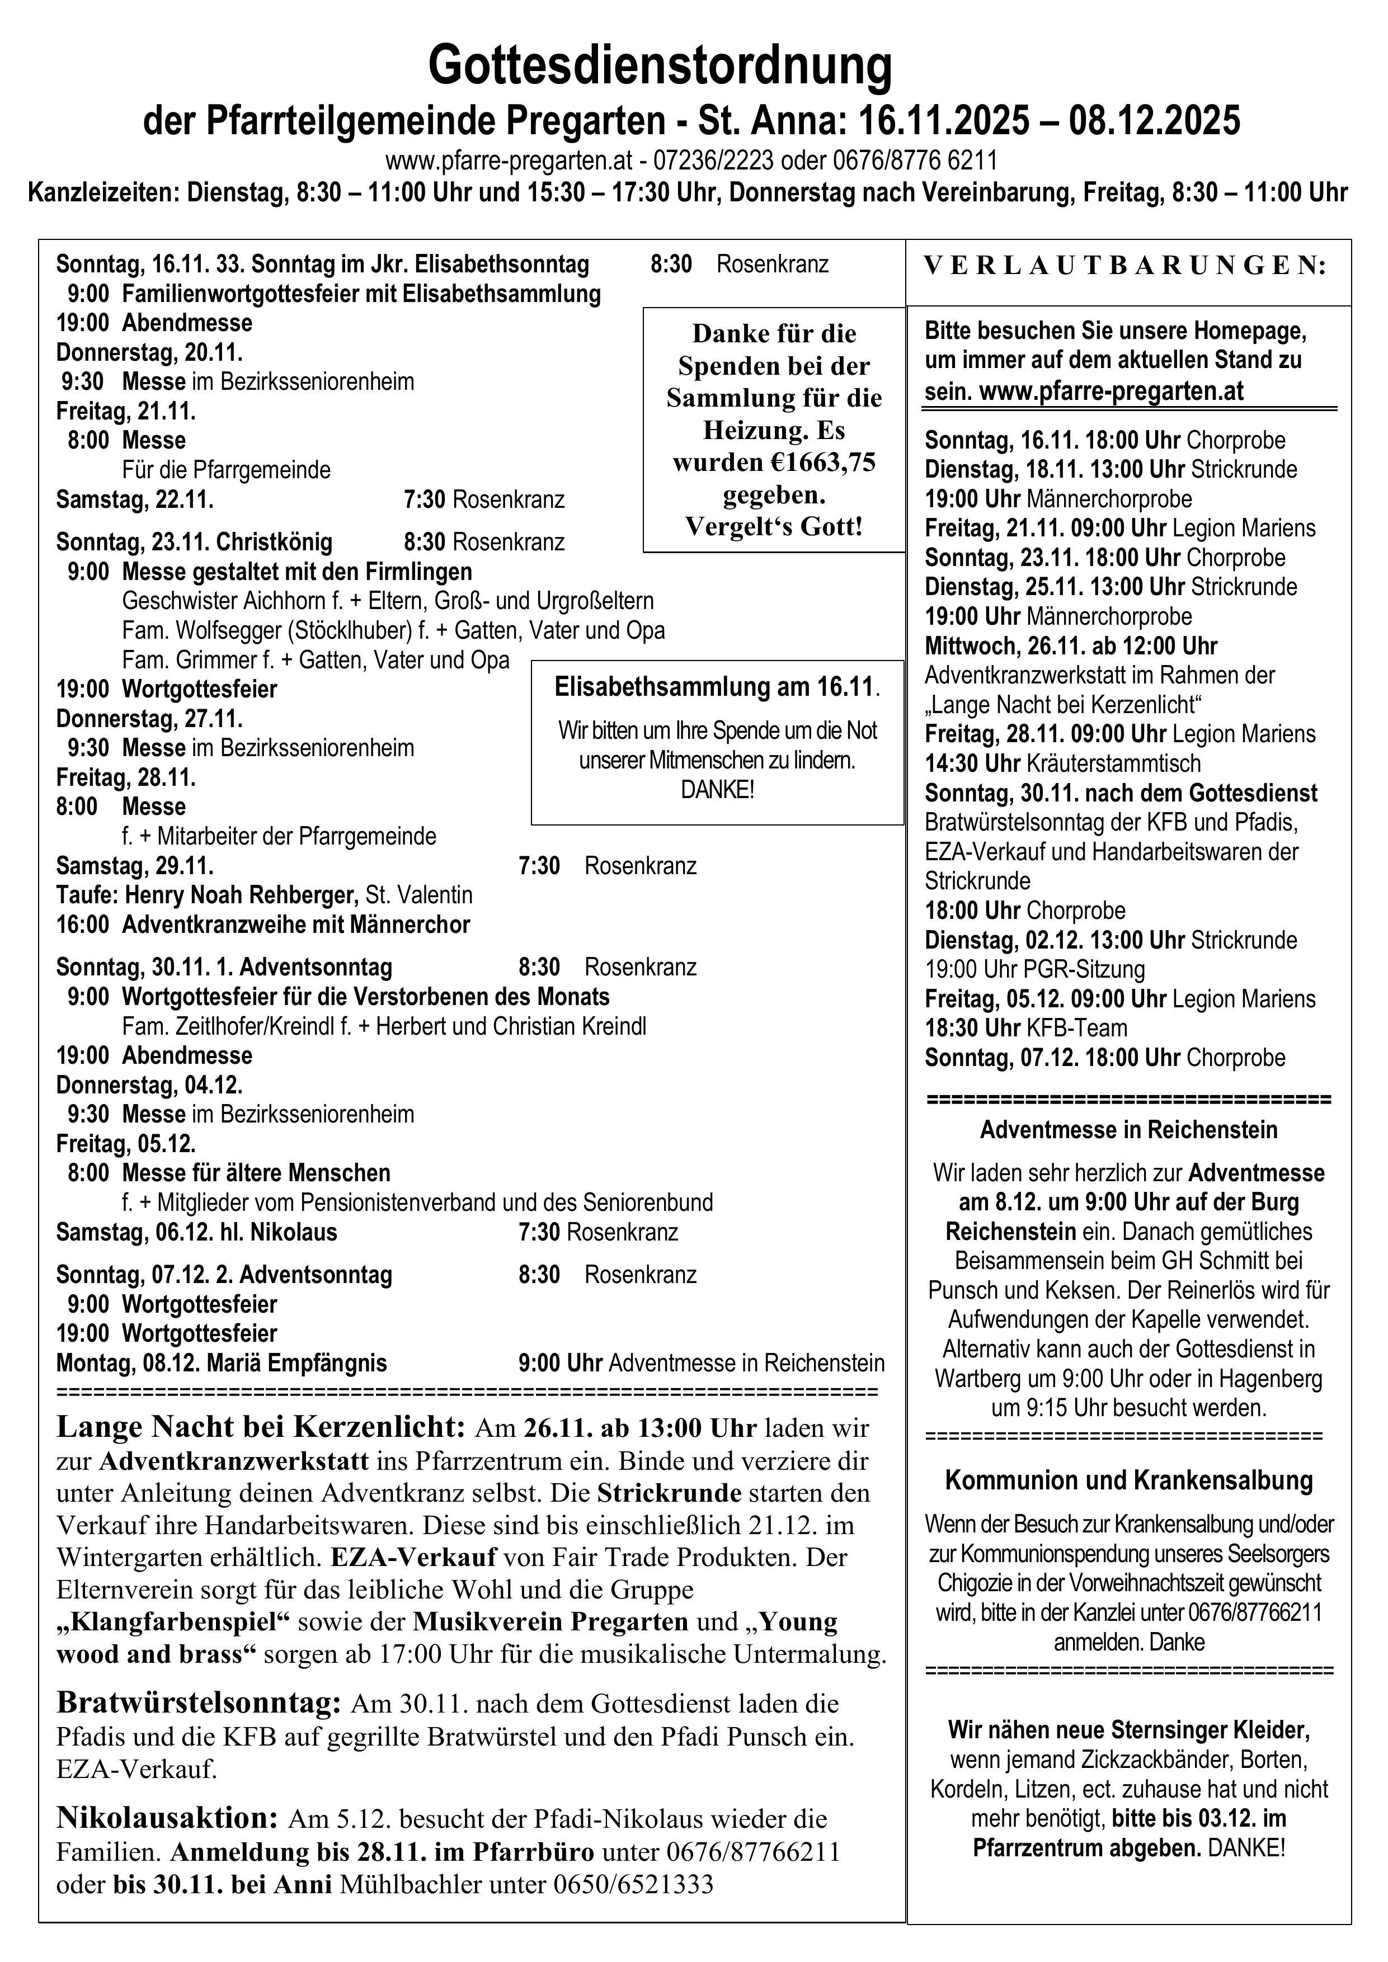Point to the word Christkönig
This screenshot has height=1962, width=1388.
(x=274, y=542)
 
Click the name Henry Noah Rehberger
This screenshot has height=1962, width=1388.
(x=241, y=895)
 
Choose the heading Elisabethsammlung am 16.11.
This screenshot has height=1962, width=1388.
(x=716, y=686)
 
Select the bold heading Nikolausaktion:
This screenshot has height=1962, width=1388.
(x=167, y=1817)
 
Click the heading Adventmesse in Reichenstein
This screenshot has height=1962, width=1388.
(x=1128, y=1130)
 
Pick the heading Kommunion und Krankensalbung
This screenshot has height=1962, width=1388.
(x=1128, y=1480)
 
